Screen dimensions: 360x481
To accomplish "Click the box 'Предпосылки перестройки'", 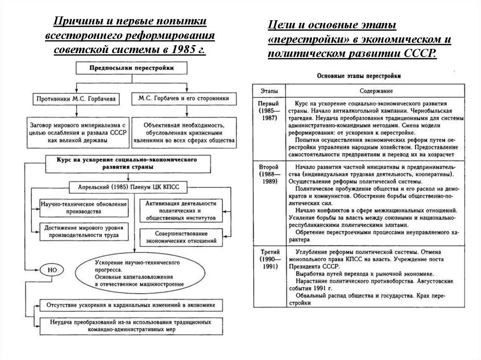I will click(132, 68).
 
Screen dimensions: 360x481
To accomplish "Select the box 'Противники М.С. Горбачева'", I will click(77, 99).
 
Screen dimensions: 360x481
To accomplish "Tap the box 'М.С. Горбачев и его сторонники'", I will click(184, 99).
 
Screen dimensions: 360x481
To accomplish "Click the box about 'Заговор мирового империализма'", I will click(76, 133).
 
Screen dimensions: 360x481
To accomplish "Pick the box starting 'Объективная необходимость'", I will click(184, 133).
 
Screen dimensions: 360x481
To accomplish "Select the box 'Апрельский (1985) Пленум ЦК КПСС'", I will click(128, 186).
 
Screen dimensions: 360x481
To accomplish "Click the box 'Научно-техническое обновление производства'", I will click(84, 208).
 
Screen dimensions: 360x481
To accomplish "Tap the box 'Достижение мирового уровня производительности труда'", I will click(83, 231).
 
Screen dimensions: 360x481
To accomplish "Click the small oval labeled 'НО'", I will click(53, 270).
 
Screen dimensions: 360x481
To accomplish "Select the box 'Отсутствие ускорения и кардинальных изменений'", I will click(131, 305).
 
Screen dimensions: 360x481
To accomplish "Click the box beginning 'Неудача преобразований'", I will click(131, 326).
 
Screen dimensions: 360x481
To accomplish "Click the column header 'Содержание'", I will click(376, 91).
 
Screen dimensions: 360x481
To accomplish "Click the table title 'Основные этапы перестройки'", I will click(359, 75).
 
